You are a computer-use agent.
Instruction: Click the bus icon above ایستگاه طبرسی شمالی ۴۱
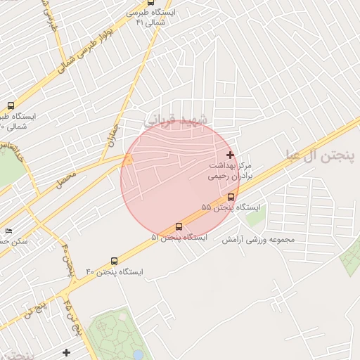click(152, 3)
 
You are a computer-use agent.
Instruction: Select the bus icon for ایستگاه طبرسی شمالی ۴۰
click(10, 105)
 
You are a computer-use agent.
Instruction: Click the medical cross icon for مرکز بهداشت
click(230, 154)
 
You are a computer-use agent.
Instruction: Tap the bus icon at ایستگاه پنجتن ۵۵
click(231, 197)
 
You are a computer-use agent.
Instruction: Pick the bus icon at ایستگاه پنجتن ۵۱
click(179, 227)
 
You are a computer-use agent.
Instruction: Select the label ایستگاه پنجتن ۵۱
click(179, 238)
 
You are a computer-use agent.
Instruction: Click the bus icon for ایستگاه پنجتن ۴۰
click(115, 260)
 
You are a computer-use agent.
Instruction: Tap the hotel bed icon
click(8, 231)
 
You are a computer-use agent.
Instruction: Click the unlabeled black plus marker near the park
click(67, 352)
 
